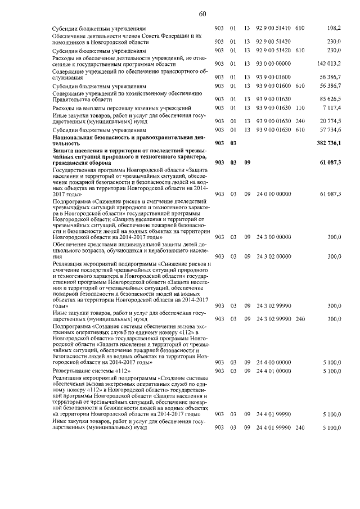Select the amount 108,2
[x=334, y=28]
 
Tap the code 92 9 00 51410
[x=273, y=28]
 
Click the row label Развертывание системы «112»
[x=91, y=372]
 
